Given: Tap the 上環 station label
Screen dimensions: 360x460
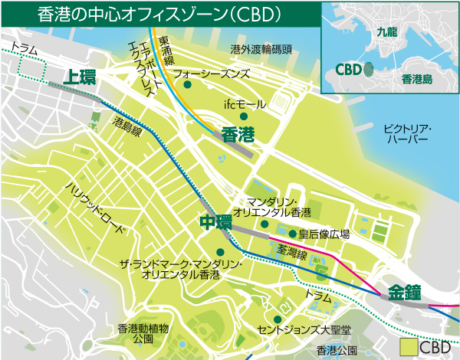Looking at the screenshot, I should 79,77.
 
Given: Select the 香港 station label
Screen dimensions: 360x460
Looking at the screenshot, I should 237,135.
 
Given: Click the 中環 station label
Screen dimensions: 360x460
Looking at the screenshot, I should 215,222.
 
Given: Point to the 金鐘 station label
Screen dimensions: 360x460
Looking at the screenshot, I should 405,292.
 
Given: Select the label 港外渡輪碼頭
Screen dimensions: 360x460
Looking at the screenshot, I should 261,49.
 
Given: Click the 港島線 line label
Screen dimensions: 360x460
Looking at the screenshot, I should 127,126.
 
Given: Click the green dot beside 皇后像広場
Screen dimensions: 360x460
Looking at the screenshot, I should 292,234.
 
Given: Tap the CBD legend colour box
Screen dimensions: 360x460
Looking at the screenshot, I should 409,348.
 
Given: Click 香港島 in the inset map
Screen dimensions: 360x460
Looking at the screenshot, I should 418,77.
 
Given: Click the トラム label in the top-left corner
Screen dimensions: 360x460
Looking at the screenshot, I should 26,47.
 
